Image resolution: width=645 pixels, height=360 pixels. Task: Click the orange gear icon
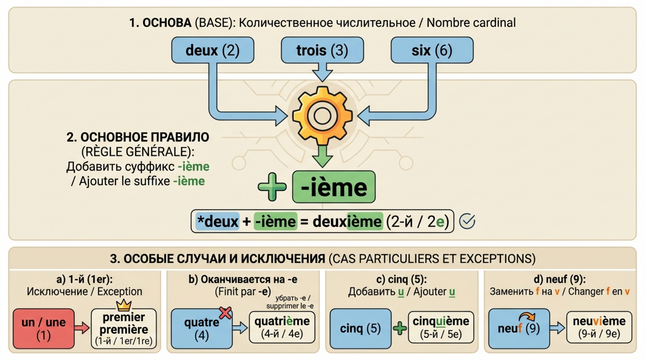coord(323,115)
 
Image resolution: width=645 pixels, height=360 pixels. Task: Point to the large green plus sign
coord(272,187)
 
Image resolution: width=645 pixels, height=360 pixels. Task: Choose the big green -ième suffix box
coord(334,187)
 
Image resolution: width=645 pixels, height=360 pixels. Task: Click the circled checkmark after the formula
coord(467,221)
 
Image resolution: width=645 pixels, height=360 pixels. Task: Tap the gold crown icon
coord(124,305)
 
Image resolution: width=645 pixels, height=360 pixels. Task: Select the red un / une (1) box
coord(44,328)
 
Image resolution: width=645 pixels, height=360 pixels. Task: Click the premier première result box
coord(124,329)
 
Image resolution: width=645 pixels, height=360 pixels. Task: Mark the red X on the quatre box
coord(225,313)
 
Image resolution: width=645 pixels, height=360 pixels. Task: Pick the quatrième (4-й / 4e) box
coord(282,327)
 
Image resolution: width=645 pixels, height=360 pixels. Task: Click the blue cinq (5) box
coord(361,328)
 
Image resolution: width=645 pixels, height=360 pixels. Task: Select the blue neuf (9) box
coord(518,328)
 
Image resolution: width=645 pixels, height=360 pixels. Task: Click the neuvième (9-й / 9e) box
coord(599,327)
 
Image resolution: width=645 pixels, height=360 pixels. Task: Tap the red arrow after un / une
coord(82,328)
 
